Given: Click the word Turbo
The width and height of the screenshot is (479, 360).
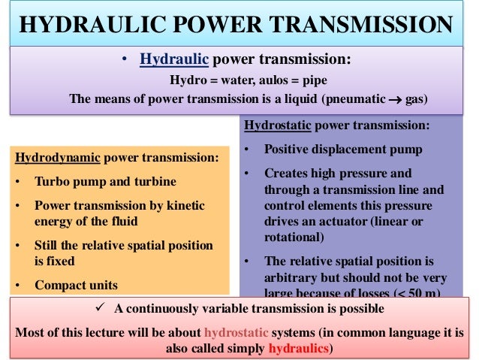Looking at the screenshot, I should point(51,182).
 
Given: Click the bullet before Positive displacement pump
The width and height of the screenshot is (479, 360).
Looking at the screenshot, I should point(248,150).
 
